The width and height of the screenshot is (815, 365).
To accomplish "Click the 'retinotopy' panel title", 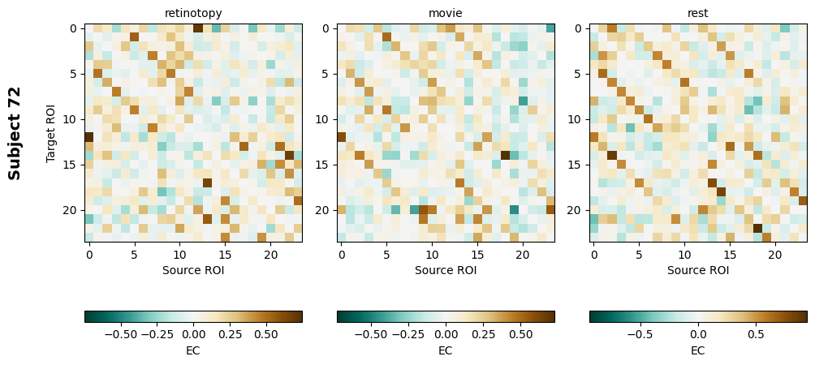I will (x=193, y=13).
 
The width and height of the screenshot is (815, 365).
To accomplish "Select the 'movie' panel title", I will (x=446, y=13).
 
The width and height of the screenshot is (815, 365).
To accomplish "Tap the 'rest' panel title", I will (x=698, y=13).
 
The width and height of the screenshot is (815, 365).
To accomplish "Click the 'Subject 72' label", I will (x=15, y=133).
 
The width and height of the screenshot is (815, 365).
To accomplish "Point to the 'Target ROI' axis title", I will (x=51, y=133).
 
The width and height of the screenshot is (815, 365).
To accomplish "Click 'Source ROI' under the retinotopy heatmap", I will (x=193, y=270).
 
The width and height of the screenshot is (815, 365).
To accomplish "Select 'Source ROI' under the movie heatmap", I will (x=446, y=270).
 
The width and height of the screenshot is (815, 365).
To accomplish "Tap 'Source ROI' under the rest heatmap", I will (x=698, y=270).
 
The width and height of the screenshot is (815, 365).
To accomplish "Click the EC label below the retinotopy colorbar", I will (x=193, y=350).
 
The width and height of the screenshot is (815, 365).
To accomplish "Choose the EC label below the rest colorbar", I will (x=698, y=350).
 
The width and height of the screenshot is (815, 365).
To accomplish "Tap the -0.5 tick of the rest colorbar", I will (x=638, y=333).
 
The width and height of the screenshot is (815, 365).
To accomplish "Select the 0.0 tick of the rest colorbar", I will (x=698, y=333).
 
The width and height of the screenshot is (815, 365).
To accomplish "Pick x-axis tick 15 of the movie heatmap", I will (x=477, y=254).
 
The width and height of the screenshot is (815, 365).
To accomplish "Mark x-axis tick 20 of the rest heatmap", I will (x=775, y=254).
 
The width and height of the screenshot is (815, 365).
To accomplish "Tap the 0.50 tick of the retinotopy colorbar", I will (x=265, y=333).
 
